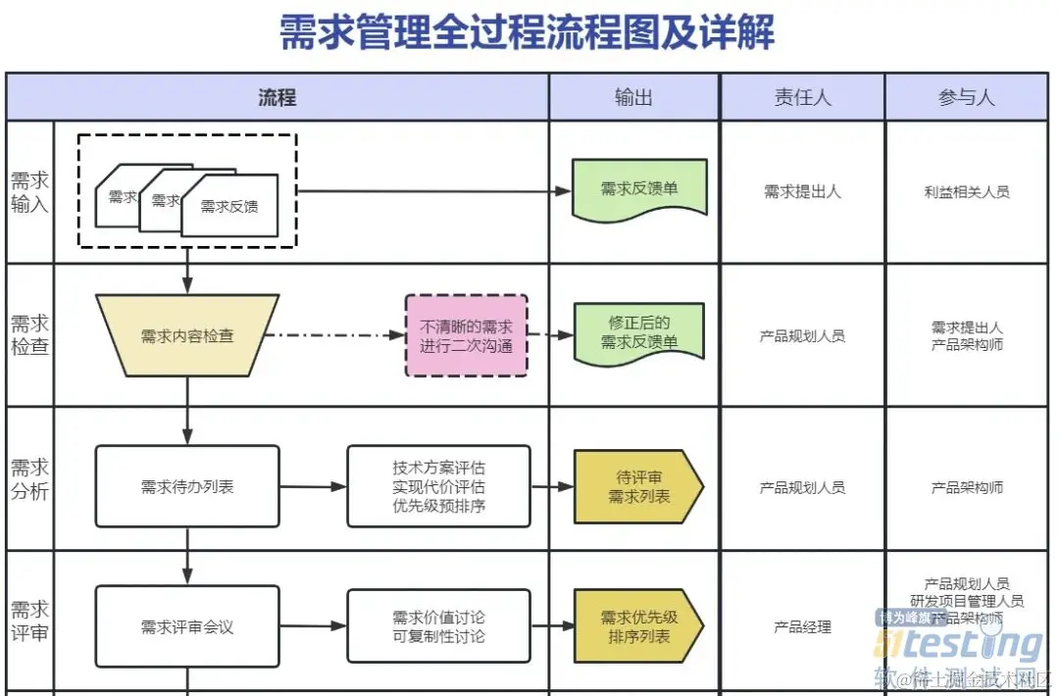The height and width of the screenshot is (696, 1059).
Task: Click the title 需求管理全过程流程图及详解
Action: point(527,32)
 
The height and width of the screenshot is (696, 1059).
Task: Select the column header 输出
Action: point(633,97)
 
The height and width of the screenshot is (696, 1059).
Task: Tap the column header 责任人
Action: point(802,97)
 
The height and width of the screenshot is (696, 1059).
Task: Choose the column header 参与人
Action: point(966,97)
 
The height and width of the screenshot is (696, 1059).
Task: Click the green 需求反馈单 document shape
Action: point(639,188)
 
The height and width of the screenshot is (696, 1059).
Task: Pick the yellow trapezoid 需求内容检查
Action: point(187,335)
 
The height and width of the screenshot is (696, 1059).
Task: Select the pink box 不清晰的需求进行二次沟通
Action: point(466,335)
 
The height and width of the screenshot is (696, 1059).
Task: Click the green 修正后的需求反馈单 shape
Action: point(639,332)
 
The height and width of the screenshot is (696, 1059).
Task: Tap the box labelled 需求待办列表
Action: point(187,486)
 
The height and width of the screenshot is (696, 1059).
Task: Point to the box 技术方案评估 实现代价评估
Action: point(438,486)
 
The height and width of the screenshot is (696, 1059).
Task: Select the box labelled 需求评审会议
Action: point(187,626)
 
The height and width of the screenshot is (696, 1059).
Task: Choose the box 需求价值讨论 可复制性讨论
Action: point(438,626)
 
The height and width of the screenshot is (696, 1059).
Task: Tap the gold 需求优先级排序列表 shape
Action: point(638,626)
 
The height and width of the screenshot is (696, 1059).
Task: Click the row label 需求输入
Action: point(29,192)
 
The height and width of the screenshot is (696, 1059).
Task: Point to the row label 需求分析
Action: point(29,478)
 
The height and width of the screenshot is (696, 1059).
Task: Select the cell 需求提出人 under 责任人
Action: point(802,192)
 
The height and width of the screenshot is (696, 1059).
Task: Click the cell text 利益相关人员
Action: point(966,192)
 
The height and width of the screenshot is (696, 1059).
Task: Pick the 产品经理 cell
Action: point(802,627)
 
